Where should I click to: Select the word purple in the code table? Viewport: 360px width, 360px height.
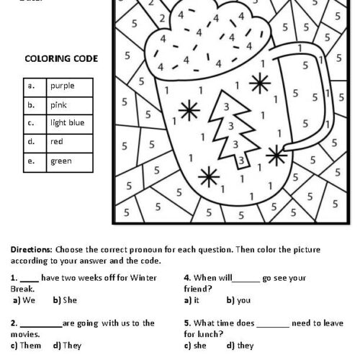tap(62, 86)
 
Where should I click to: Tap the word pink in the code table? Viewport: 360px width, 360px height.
tap(57, 104)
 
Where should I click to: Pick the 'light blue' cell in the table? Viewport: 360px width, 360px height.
tap(67, 123)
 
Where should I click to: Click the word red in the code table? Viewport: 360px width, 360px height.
tap(55, 142)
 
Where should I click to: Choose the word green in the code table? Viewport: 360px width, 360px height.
tap(60, 161)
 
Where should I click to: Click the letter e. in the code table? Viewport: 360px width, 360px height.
tap(31, 161)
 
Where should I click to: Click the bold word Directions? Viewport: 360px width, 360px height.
tap(32, 248)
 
